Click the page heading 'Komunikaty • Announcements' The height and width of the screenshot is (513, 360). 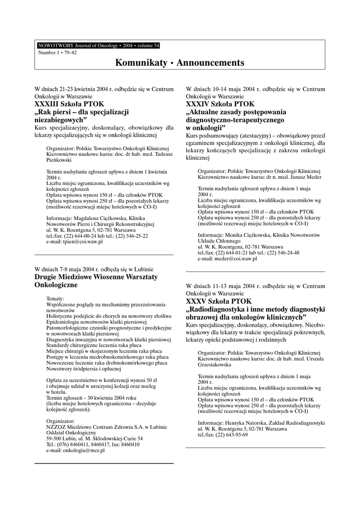click(x=179, y=63)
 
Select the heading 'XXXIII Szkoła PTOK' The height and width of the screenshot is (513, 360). click(x=69, y=104)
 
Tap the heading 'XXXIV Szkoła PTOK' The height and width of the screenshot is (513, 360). click(x=220, y=104)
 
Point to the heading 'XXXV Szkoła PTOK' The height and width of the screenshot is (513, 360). click(x=219, y=302)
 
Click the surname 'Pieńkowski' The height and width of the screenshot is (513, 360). click(x=59, y=161)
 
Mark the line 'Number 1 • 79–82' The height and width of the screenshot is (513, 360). click(x=55, y=53)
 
